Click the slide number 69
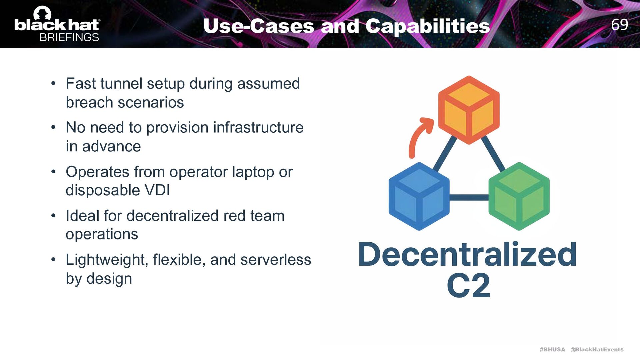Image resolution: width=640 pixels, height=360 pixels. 619,24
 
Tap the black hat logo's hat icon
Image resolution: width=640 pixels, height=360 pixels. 42,13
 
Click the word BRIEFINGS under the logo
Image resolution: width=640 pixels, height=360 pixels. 69,37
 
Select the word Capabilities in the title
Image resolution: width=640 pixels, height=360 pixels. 428,26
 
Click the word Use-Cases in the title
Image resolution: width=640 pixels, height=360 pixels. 259,26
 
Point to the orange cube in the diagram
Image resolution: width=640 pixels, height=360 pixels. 469,110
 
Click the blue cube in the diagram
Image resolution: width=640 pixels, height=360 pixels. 419,196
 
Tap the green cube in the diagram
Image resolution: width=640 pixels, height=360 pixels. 519,196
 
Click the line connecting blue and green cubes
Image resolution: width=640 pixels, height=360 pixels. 469,197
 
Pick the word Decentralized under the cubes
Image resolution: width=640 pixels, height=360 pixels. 467,255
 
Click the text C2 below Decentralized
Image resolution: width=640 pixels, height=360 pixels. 468,285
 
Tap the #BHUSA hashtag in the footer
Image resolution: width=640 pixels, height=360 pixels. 552,349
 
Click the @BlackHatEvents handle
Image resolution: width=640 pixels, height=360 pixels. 597,349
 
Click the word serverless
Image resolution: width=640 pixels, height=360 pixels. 276,260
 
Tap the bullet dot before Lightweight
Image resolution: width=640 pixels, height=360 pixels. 53,260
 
